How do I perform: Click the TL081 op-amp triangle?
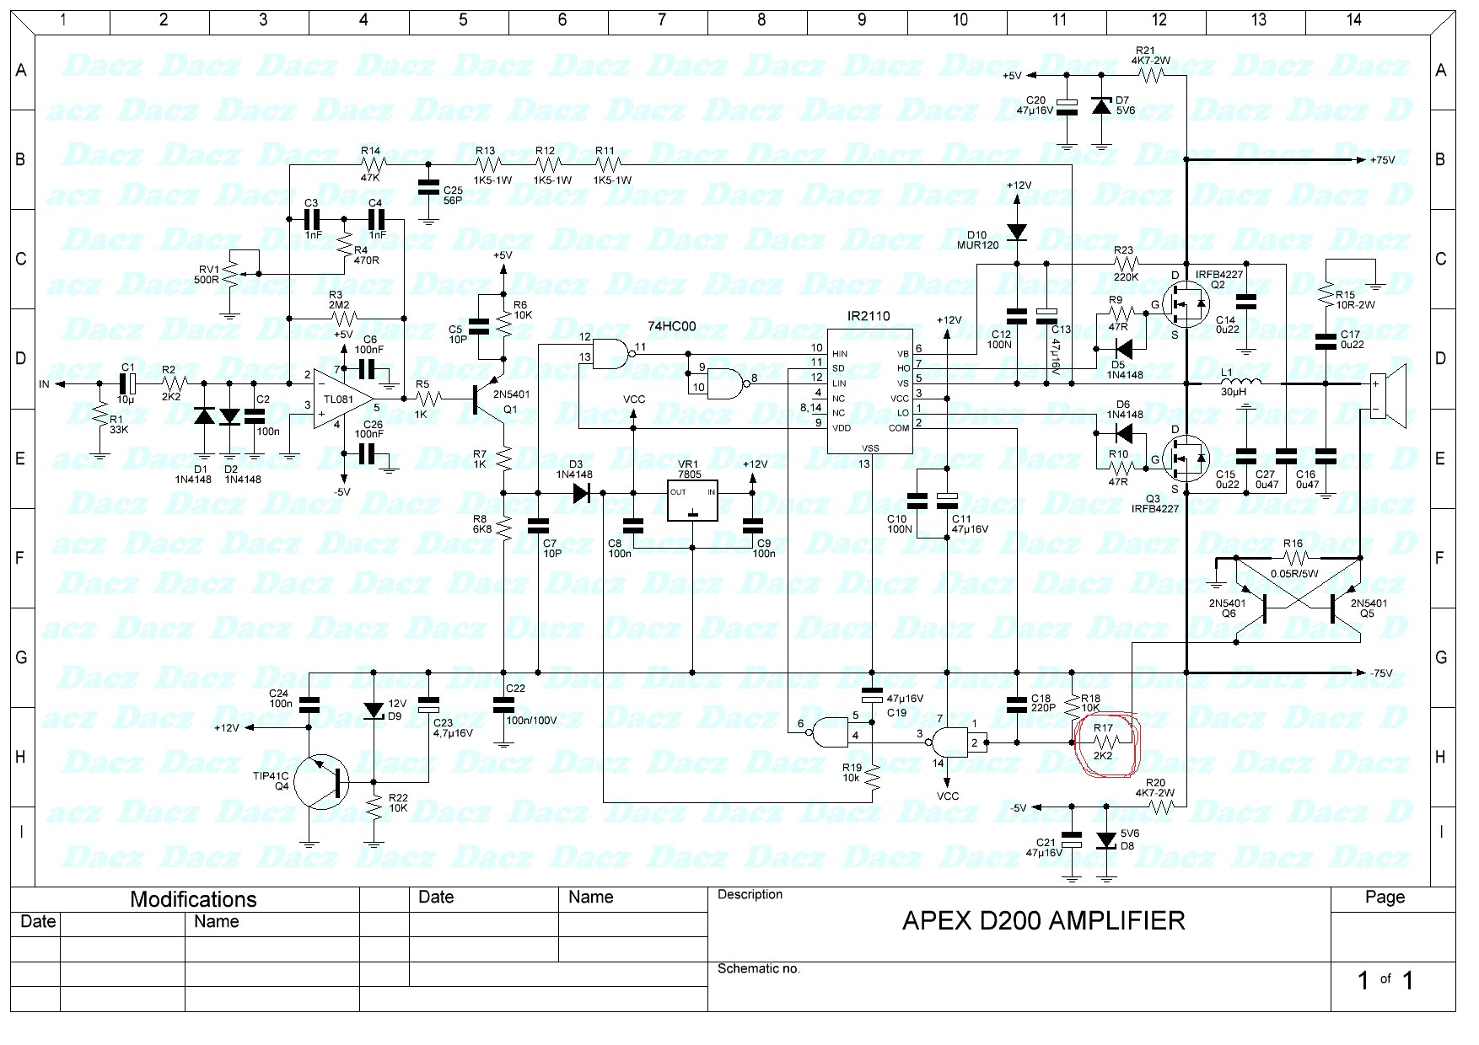(x=342, y=398)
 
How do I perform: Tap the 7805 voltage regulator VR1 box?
(x=691, y=502)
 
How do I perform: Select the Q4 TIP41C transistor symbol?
(x=325, y=780)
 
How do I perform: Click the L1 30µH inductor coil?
(x=1240, y=383)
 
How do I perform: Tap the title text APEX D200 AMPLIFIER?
(x=1043, y=920)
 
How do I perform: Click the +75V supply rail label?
(x=1382, y=159)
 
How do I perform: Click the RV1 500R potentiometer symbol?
(x=229, y=275)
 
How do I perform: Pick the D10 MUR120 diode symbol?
(x=1017, y=231)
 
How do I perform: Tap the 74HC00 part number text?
(x=671, y=326)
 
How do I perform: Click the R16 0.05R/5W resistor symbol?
(x=1293, y=558)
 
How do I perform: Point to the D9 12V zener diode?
(x=374, y=710)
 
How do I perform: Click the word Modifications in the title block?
(x=193, y=899)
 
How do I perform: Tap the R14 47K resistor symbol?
(x=371, y=163)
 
